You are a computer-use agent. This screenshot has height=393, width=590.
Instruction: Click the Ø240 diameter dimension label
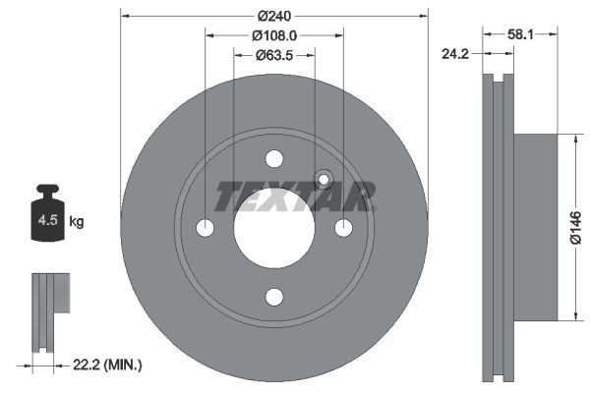click(x=274, y=16)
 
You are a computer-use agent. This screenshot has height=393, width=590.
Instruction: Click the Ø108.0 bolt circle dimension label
click(x=274, y=35)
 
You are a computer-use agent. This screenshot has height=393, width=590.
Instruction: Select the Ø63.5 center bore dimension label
click(x=274, y=55)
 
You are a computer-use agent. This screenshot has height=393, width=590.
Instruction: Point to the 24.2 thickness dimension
click(x=453, y=55)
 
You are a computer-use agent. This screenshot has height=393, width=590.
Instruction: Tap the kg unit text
click(x=76, y=222)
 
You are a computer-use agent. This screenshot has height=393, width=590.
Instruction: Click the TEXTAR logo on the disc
click(x=295, y=196)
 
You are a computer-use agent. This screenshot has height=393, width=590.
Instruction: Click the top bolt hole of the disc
click(x=274, y=159)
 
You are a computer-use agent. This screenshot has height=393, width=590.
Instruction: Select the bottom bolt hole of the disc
click(x=274, y=297)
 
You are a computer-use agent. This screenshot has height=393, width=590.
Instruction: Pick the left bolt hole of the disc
click(x=206, y=228)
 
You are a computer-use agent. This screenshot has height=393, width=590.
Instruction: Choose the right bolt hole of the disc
click(x=343, y=228)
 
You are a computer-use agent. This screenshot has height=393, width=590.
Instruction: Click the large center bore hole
click(x=274, y=228)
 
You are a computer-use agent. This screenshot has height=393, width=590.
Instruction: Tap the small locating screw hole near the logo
click(x=322, y=180)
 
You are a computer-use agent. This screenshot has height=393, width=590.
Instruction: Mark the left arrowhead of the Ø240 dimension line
click(x=124, y=16)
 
